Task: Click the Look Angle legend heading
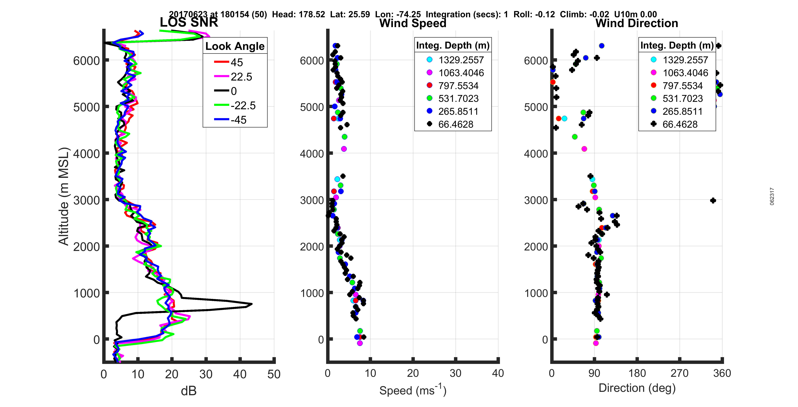pyautogui.click(x=235, y=46)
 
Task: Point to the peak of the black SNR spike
pyautogui.click(x=251, y=304)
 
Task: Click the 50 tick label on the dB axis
pyautogui.click(x=274, y=374)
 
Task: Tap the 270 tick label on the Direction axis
pyautogui.click(x=679, y=373)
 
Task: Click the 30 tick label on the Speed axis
pyautogui.click(x=455, y=373)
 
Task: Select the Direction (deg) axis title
pyautogui.click(x=637, y=388)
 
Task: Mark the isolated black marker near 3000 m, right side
pyautogui.click(x=713, y=200)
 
